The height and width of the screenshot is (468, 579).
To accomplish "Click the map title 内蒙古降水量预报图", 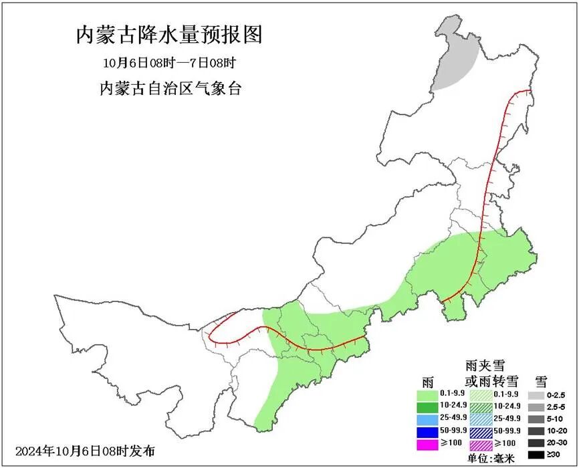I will click(x=169, y=35).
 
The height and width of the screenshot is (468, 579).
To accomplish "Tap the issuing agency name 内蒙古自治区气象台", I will click(x=170, y=89).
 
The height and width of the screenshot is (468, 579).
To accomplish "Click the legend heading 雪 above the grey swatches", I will click(x=541, y=382).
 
